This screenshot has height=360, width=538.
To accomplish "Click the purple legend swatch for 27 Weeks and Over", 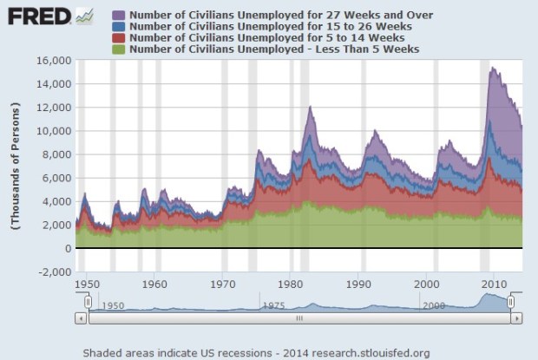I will point(119,16).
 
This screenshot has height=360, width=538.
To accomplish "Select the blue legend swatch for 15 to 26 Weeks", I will point(119,27).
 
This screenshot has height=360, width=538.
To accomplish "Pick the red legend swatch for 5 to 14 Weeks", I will point(119,38).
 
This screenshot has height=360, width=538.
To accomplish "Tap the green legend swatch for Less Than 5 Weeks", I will point(119,49).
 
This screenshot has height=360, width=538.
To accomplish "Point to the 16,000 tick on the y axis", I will point(54,61).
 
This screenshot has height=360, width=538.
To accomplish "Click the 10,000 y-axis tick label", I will point(54,131).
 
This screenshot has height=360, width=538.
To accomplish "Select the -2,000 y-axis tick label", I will point(54,272).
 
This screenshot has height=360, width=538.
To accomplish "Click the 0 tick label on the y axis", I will point(66,248).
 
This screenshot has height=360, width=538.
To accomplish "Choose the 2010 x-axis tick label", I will point(495,284).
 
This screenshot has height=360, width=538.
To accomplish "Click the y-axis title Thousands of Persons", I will point(16,165).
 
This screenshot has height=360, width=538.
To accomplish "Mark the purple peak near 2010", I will point(492,68).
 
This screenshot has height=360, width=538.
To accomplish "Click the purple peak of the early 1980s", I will point(310,107).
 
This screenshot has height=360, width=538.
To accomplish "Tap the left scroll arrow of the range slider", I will point(82,318).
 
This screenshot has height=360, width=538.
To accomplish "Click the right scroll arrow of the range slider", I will point(517,318).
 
